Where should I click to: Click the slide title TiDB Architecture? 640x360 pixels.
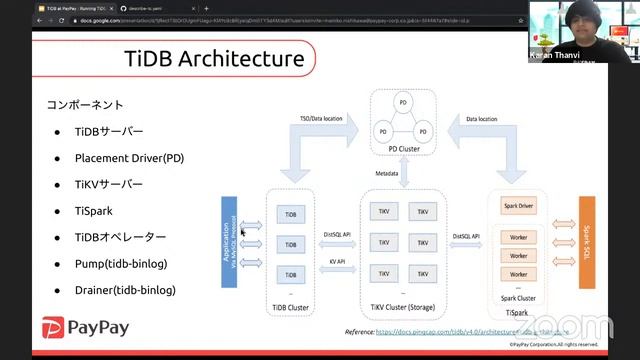click(x=214, y=59)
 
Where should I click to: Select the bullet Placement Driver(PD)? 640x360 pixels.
click(x=129, y=158)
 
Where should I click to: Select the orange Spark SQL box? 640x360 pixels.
click(x=587, y=241)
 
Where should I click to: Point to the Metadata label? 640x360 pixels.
click(x=387, y=174)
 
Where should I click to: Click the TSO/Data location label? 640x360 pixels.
click(x=321, y=118)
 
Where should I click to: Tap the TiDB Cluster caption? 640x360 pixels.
click(x=292, y=306)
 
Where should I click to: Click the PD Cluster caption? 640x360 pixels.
click(x=400, y=149)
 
